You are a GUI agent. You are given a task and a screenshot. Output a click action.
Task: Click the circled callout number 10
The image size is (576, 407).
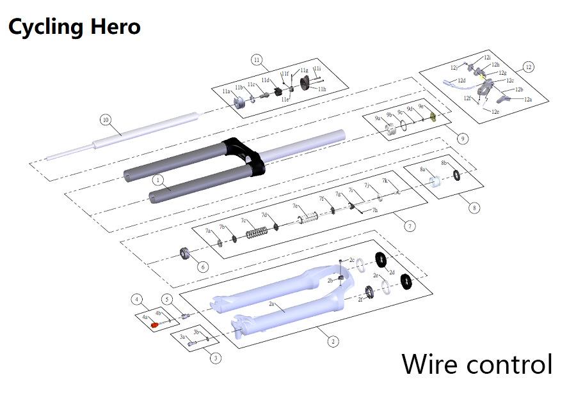(x=106, y=119)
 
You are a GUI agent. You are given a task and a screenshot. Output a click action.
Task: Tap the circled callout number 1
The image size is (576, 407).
(x=157, y=181)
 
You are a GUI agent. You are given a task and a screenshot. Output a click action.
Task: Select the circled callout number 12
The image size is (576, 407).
(x=528, y=66)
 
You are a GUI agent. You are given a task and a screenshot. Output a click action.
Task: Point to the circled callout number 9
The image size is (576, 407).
(x=463, y=138)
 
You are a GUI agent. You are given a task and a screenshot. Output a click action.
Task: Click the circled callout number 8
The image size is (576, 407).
(x=474, y=207)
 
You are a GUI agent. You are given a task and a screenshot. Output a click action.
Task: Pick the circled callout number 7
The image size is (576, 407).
(x=410, y=226)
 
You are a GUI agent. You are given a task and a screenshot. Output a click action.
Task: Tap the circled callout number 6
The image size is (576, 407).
(x=203, y=266)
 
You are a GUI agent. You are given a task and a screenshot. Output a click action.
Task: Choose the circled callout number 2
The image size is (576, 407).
(x=333, y=341)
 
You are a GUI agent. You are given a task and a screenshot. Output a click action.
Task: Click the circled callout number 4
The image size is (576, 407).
(x=137, y=299)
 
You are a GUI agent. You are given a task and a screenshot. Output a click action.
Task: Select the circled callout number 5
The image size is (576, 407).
(x=166, y=299)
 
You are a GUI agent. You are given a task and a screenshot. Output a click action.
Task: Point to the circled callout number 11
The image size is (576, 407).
(x=257, y=61)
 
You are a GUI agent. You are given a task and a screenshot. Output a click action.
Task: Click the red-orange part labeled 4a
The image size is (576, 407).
(x=154, y=325)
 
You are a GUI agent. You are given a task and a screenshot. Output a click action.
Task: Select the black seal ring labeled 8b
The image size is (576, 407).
(x=456, y=176)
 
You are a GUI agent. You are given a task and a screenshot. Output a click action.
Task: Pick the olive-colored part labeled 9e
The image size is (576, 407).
(x=432, y=116)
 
